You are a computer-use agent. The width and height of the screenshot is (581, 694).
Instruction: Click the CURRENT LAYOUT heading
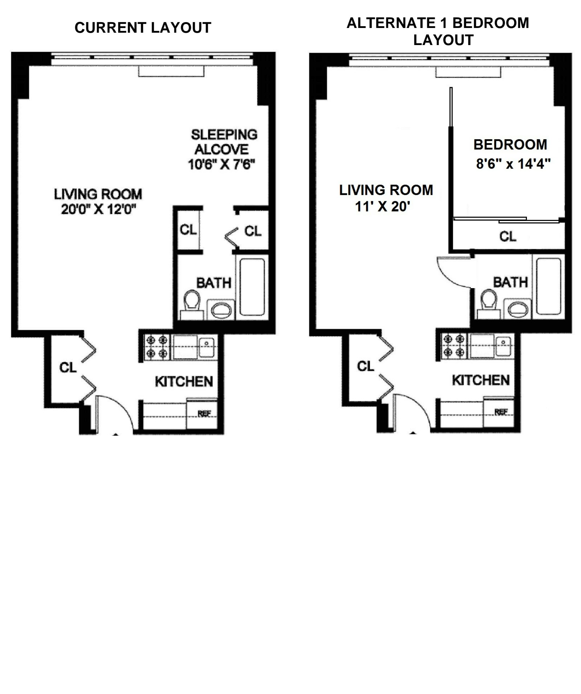143,28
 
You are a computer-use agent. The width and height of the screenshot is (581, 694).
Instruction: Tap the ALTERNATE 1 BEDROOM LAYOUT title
438,31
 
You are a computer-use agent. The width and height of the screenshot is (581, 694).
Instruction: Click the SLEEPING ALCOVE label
224,142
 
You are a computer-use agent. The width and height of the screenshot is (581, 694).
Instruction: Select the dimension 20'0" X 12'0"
98,210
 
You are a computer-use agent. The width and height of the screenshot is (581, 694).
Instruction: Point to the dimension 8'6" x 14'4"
513,164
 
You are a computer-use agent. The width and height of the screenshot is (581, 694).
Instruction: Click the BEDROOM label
510,145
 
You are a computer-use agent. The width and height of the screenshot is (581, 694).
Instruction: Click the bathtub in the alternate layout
548,286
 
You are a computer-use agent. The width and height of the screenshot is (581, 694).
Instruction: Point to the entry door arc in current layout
116,411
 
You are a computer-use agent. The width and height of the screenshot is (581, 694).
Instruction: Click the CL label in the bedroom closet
508,237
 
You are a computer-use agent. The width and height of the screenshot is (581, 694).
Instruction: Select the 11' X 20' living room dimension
382,207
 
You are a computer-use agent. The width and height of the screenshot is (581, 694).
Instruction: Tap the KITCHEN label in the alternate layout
480,380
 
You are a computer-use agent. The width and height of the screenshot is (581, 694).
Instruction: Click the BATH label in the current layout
214,283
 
